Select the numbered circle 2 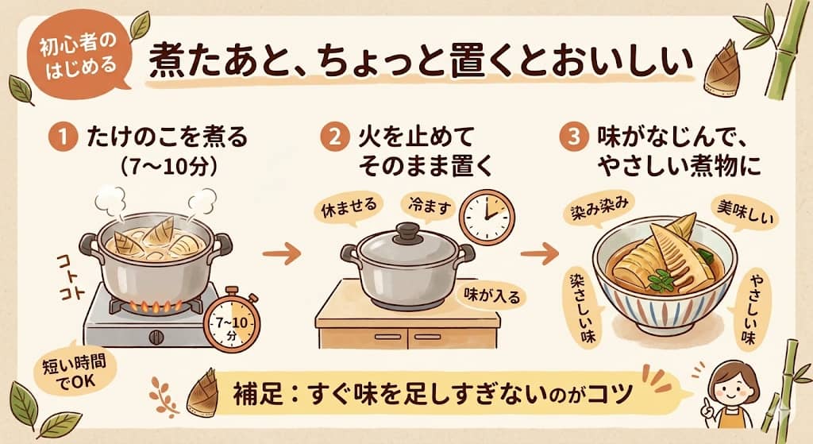coord(333,137)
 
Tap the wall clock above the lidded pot coord(487,215)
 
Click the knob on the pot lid coord(407,231)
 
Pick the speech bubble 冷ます coord(428,207)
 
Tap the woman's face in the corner coord(731,381)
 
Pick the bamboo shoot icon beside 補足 coord(201,391)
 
